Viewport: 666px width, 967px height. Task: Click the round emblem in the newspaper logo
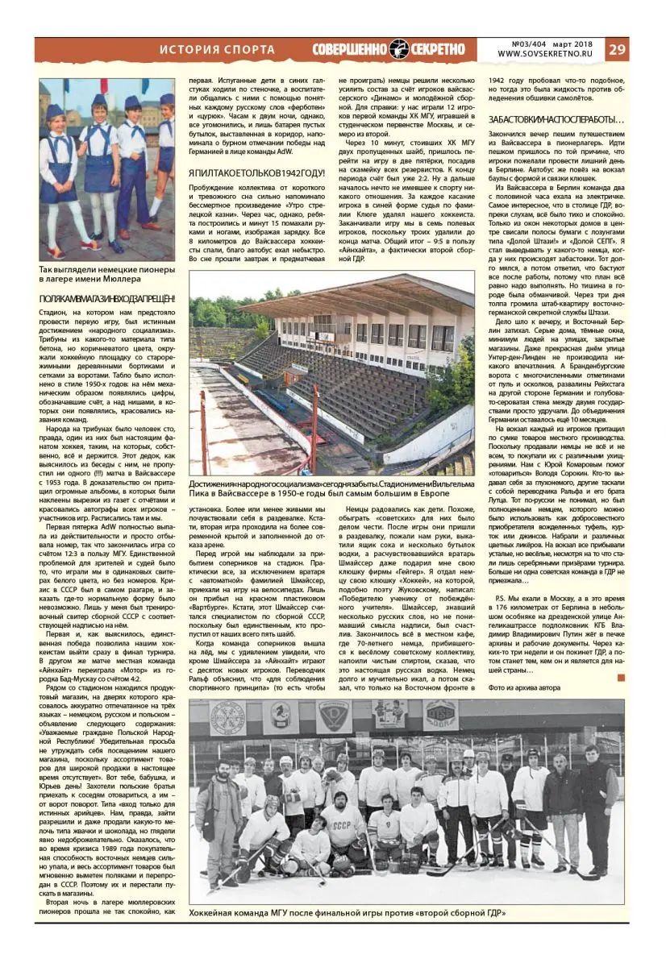click(x=399, y=49)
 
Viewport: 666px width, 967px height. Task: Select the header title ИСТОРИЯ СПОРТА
click(x=217, y=49)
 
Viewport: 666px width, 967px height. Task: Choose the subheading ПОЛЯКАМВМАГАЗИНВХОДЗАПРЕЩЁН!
click(x=107, y=300)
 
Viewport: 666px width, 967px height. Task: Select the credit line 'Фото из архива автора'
click(x=525, y=687)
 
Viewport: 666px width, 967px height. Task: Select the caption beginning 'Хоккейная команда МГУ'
click(x=347, y=914)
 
